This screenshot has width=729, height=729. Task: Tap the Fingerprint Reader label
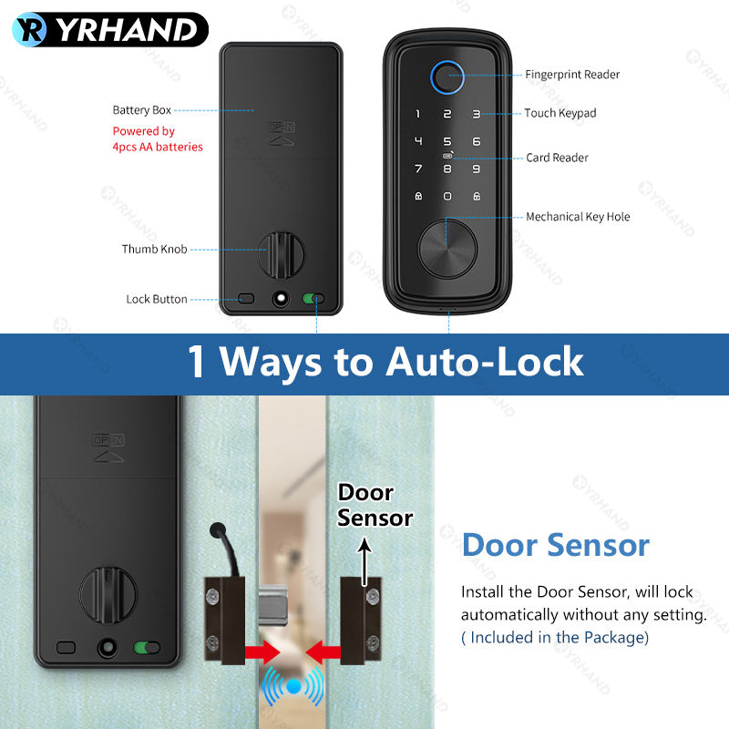coord(572,74)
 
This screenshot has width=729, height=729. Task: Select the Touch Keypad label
coord(560,113)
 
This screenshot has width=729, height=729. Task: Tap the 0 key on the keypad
coord(447,196)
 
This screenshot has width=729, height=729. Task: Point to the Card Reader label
coord(557,158)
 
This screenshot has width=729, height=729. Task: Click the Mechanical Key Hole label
coord(578,217)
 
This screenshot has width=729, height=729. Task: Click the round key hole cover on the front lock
coord(447,241)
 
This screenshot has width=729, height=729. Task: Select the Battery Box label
coord(141,110)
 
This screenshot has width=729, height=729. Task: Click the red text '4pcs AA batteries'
coord(158,147)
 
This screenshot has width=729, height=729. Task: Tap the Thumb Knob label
coord(154,249)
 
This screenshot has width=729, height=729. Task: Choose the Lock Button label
coord(156,299)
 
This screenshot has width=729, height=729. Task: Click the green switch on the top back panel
coord(314,298)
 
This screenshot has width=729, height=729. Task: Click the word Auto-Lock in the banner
coord(485,362)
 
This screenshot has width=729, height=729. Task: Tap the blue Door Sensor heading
coord(555,545)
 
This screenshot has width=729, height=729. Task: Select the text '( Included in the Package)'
coord(555,637)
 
